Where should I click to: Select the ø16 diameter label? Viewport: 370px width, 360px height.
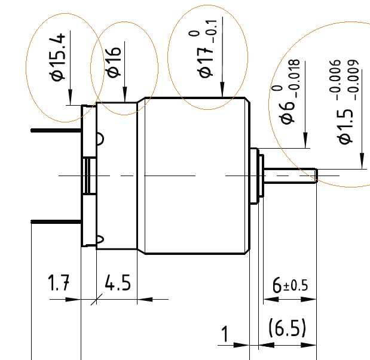114,62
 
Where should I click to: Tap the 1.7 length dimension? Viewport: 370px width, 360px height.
58,282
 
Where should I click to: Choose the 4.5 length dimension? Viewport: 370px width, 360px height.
117,282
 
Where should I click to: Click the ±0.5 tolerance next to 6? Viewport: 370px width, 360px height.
295,285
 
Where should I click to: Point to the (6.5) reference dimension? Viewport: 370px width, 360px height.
287,328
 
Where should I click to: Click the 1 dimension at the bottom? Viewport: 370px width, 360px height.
225,334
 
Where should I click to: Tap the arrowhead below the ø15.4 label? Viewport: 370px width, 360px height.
70,99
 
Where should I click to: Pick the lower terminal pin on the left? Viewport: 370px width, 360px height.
54,221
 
